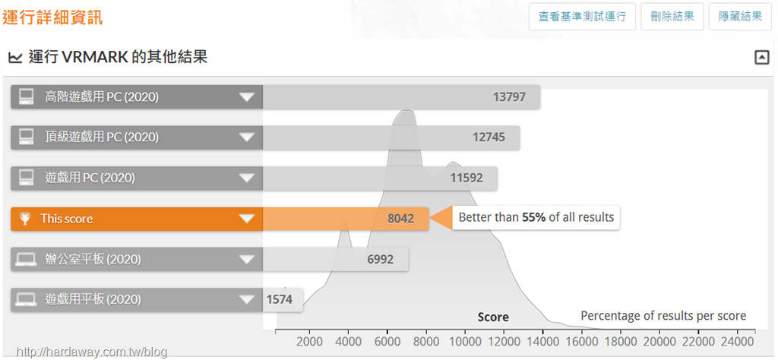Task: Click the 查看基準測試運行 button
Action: (x=582, y=17)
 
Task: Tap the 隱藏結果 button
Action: (x=740, y=17)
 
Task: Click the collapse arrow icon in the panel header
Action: (x=761, y=58)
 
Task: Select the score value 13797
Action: (x=509, y=96)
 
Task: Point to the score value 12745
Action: (x=489, y=137)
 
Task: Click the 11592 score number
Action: (x=466, y=178)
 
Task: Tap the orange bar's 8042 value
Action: (x=401, y=219)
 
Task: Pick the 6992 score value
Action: (x=381, y=259)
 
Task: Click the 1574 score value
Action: (x=280, y=299)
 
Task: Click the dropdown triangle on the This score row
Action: (x=247, y=219)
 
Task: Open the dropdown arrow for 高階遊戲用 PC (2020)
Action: (x=247, y=96)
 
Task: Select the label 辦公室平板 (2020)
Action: (x=93, y=259)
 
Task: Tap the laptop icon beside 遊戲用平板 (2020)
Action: (x=26, y=299)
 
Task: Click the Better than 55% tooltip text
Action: (x=536, y=217)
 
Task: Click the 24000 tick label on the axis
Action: (x=737, y=341)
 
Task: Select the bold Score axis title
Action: (x=493, y=317)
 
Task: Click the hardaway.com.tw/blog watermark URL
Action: (x=92, y=352)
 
